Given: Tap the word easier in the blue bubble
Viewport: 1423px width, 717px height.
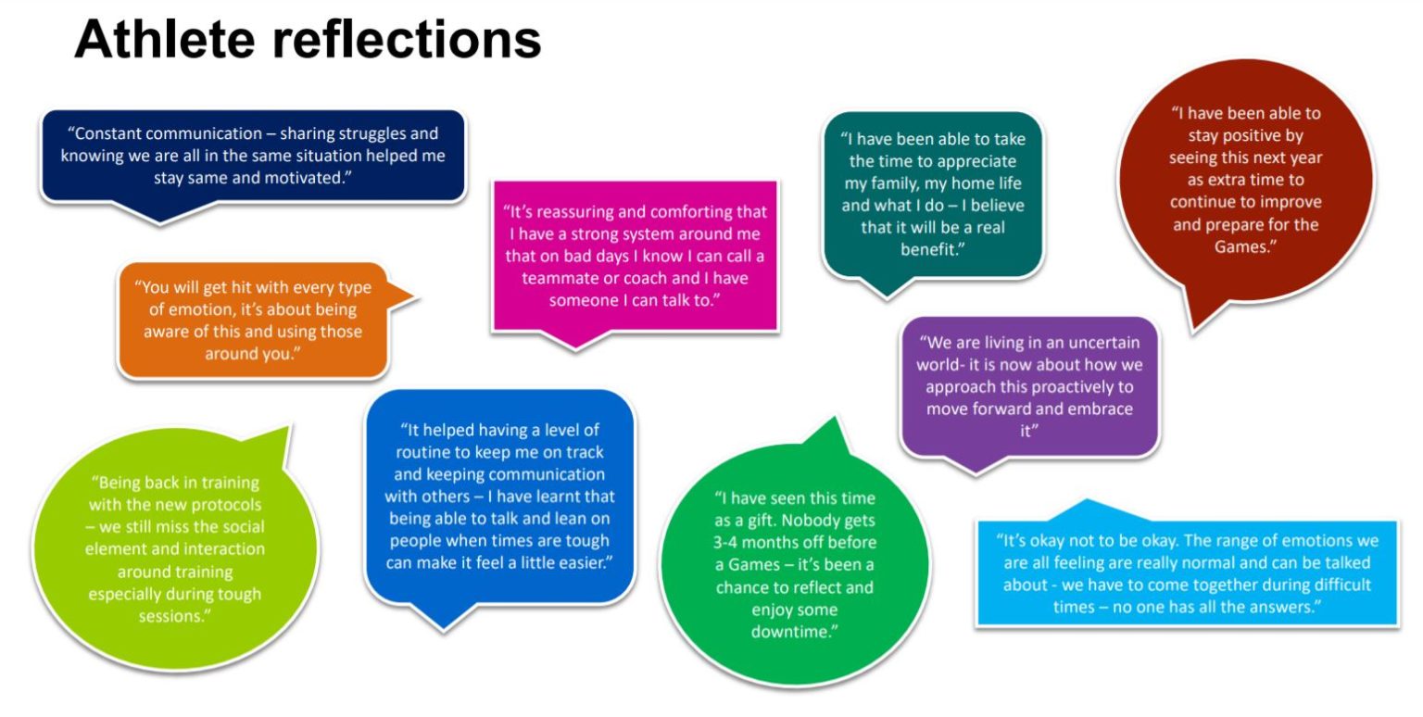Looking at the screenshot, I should [x=580, y=563].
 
